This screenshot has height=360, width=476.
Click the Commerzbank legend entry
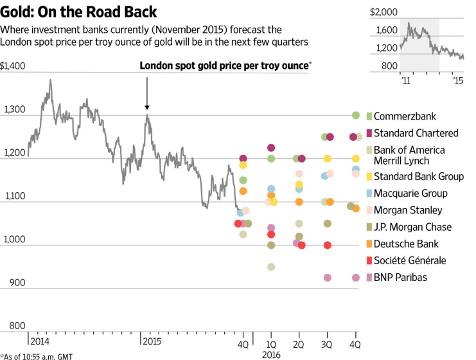405,116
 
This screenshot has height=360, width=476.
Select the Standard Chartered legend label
416,133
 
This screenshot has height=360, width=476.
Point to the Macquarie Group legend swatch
369,194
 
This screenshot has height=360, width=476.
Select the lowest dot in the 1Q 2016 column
271,267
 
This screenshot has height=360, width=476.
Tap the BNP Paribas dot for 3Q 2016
328,278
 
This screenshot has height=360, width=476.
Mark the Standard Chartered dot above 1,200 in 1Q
271,148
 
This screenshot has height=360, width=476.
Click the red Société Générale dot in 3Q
328,246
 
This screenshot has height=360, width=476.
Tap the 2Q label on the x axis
299,336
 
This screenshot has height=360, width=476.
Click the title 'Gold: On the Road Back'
78,12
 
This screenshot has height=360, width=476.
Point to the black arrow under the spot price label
146,93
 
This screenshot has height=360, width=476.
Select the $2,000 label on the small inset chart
384,12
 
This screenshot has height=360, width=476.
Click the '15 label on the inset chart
458,81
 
